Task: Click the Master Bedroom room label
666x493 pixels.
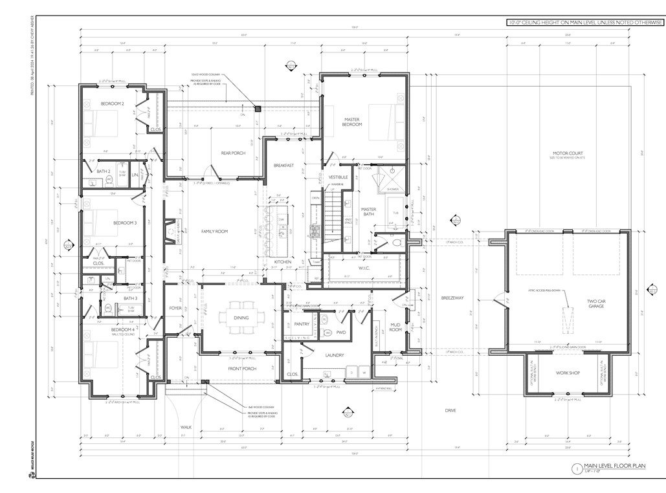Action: (x=353, y=121)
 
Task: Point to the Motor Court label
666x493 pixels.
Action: (x=563, y=153)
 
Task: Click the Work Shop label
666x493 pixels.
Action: (x=568, y=373)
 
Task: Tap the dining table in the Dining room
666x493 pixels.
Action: (x=241, y=317)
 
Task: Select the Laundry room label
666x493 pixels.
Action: (x=334, y=355)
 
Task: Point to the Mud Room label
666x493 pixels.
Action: (x=397, y=327)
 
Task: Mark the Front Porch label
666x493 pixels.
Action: (x=242, y=369)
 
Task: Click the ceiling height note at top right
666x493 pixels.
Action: (x=585, y=23)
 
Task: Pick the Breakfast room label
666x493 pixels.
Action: (x=283, y=166)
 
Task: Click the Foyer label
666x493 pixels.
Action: (x=175, y=308)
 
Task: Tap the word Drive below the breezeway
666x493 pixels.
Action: (x=450, y=410)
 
